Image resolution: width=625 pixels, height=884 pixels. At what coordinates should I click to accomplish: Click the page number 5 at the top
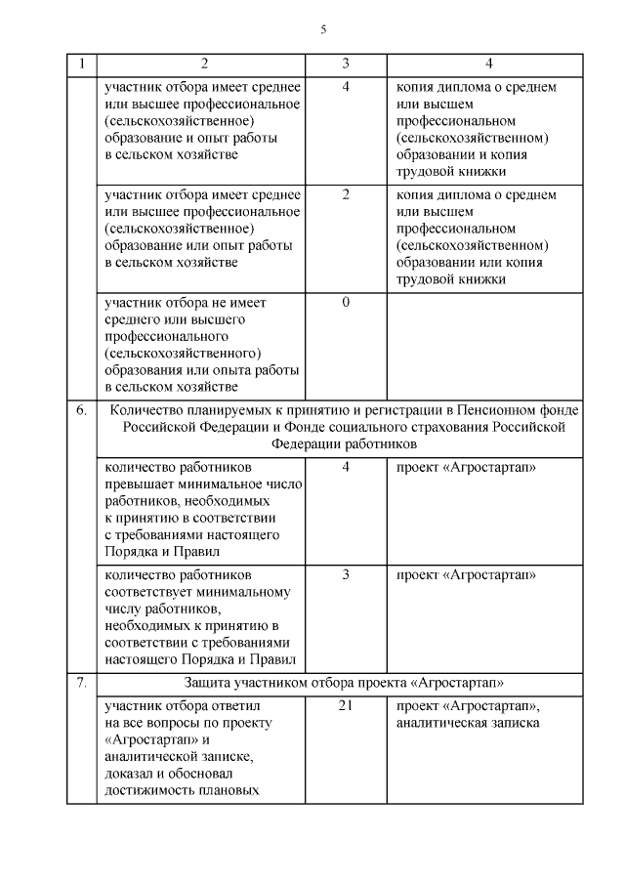click(322, 29)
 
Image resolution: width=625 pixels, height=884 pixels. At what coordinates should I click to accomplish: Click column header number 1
click(81, 64)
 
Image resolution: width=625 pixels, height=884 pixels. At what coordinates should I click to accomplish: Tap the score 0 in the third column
click(346, 302)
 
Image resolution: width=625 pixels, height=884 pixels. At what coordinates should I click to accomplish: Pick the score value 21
click(346, 705)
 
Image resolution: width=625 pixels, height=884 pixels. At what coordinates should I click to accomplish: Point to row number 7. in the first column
click(81, 681)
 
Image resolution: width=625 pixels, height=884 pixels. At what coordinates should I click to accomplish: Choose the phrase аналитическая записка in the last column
click(468, 723)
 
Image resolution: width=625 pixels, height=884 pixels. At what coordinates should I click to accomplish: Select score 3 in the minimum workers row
click(346, 573)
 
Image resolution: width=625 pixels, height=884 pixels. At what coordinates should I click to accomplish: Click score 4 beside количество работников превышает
click(346, 466)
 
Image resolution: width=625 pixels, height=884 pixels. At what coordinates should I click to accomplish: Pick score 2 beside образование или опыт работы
click(346, 194)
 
